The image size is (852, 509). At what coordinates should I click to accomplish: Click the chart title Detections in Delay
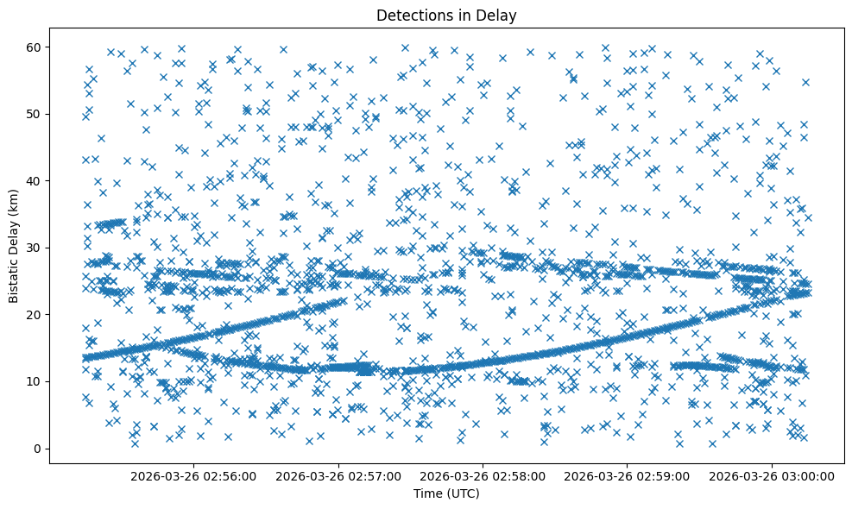click(x=446, y=15)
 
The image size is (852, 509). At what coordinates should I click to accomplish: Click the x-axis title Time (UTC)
click(x=446, y=494)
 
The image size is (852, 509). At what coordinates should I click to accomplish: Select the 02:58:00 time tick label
click(x=482, y=475)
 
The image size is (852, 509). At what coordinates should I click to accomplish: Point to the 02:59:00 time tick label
click(x=626, y=475)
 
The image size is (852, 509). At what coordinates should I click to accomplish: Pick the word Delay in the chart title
click(x=499, y=15)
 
